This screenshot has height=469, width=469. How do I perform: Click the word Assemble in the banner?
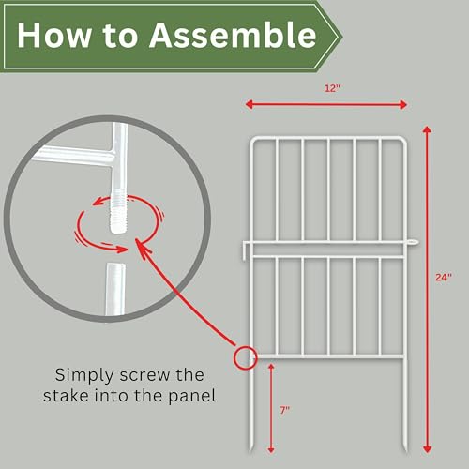point(233,35)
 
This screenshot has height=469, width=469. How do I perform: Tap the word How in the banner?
point(53,35)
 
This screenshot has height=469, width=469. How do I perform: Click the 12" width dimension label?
point(332,88)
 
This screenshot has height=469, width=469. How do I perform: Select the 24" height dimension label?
point(444,277)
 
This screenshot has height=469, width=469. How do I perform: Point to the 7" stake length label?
point(285,410)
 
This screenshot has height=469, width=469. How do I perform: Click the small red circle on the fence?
point(245,358)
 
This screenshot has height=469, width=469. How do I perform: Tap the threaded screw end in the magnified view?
point(117,215)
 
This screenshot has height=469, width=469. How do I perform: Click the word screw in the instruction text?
point(144,375)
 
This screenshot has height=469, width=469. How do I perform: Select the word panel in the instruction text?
point(192,396)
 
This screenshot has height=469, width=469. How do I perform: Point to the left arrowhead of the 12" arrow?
point(250,104)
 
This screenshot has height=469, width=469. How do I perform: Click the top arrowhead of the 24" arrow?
point(427,129)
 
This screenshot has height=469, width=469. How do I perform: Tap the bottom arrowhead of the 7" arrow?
point(271,449)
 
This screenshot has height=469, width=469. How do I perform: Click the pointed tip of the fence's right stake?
point(405,449)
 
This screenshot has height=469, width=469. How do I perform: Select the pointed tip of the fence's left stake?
point(251,449)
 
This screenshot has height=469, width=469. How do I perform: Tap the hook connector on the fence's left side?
point(246,250)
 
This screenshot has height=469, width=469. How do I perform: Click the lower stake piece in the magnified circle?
point(115,289)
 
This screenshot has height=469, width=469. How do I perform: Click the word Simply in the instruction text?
point(84,375)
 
